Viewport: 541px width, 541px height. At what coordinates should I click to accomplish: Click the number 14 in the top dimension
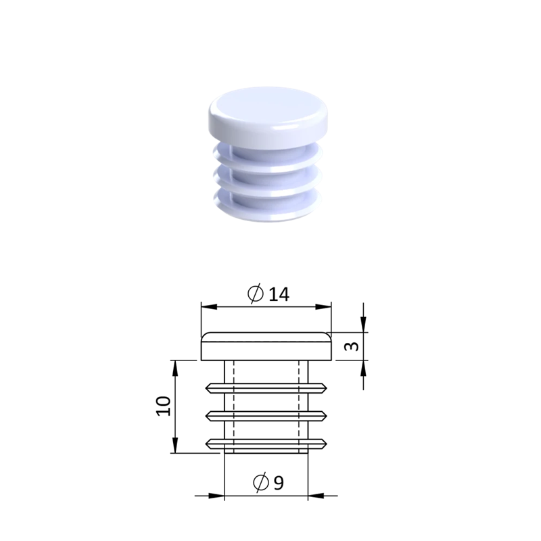[279, 295]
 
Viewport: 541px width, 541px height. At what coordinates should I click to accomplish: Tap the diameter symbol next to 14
[256, 294]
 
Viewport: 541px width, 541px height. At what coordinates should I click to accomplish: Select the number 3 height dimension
[352, 346]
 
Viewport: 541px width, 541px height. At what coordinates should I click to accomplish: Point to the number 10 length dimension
[164, 406]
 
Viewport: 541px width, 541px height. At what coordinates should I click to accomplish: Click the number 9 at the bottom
[279, 483]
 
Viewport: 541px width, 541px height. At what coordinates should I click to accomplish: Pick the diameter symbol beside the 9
[261, 482]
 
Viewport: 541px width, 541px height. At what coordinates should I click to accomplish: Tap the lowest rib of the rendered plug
[267, 207]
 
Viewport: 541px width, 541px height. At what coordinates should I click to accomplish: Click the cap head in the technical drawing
[266, 346]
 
